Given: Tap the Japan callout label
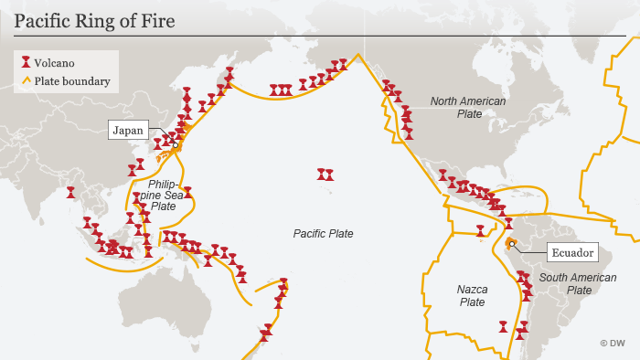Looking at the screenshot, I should pyautogui.click(x=126, y=130).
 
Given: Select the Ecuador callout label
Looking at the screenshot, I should pyautogui.click(x=572, y=252).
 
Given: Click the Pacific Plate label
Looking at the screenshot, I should pyautogui.click(x=323, y=234).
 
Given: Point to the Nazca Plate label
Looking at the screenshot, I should pyautogui.click(x=472, y=295).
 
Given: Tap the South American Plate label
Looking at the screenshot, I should pyautogui.click(x=565, y=283).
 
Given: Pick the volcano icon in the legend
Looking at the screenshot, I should pyautogui.click(x=27, y=63).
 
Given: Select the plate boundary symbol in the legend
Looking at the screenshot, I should pyautogui.click(x=27, y=81).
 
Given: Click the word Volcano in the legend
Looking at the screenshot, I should pyautogui.click(x=54, y=63).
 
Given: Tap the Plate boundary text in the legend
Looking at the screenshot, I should pyautogui.click(x=72, y=81).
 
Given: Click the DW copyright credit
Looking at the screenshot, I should pyautogui.click(x=612, y=343).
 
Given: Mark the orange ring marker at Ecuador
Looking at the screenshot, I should pyautogui.click(x=513, y=243).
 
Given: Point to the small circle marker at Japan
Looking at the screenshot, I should pyautogui.click(x=176, y=144).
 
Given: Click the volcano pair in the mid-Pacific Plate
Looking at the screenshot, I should pyautogui.click(x=325, y=174).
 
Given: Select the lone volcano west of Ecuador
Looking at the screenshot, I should pyautogui.click(x=480, y=231).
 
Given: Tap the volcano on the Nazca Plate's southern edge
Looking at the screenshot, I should pyautogui.click(x=502, y=325).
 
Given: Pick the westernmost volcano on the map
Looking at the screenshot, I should pyautogui.click(x=70, y=193).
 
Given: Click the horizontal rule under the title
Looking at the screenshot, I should pyautogui.click(x=320, y=35).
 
